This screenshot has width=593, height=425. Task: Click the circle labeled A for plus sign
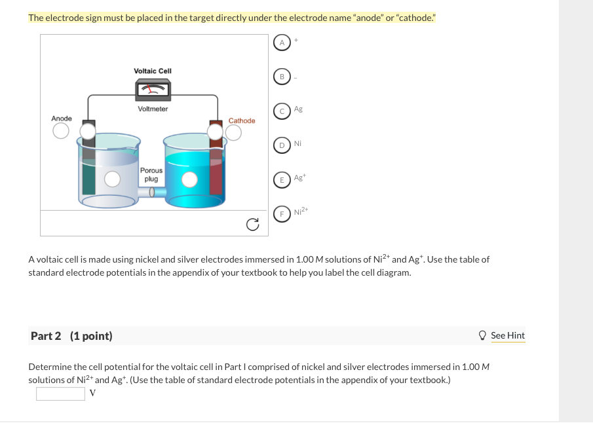tap(282, 43)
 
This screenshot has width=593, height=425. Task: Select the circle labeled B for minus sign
tap(282, 77)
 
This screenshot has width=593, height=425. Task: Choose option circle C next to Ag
tap(282, 111)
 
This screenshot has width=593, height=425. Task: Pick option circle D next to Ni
tap(282, 145)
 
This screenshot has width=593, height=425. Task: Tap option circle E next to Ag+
tap(282, 180)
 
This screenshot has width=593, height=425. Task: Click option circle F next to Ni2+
tap(282, 214)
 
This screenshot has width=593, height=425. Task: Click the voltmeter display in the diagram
tap(153, 90)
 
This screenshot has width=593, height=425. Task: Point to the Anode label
tap(62, 119)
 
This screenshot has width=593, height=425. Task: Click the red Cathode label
tap(242, 120)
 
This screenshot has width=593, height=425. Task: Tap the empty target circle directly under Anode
tap(61, 131)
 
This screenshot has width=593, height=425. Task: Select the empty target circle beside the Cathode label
tap(233, 132)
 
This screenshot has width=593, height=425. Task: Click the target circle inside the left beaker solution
tap(112, 179)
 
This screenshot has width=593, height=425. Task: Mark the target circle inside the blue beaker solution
tap(189, 180)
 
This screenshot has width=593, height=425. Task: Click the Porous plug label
tap(151, 175)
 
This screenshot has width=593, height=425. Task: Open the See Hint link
tap(508, 335)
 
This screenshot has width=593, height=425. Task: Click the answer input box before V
tap(60, 394)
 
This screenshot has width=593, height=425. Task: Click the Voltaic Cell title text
tap(153, 71)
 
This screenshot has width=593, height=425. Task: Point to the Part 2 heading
tap(71, 336)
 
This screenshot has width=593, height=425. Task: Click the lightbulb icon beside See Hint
tap(482, 335)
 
